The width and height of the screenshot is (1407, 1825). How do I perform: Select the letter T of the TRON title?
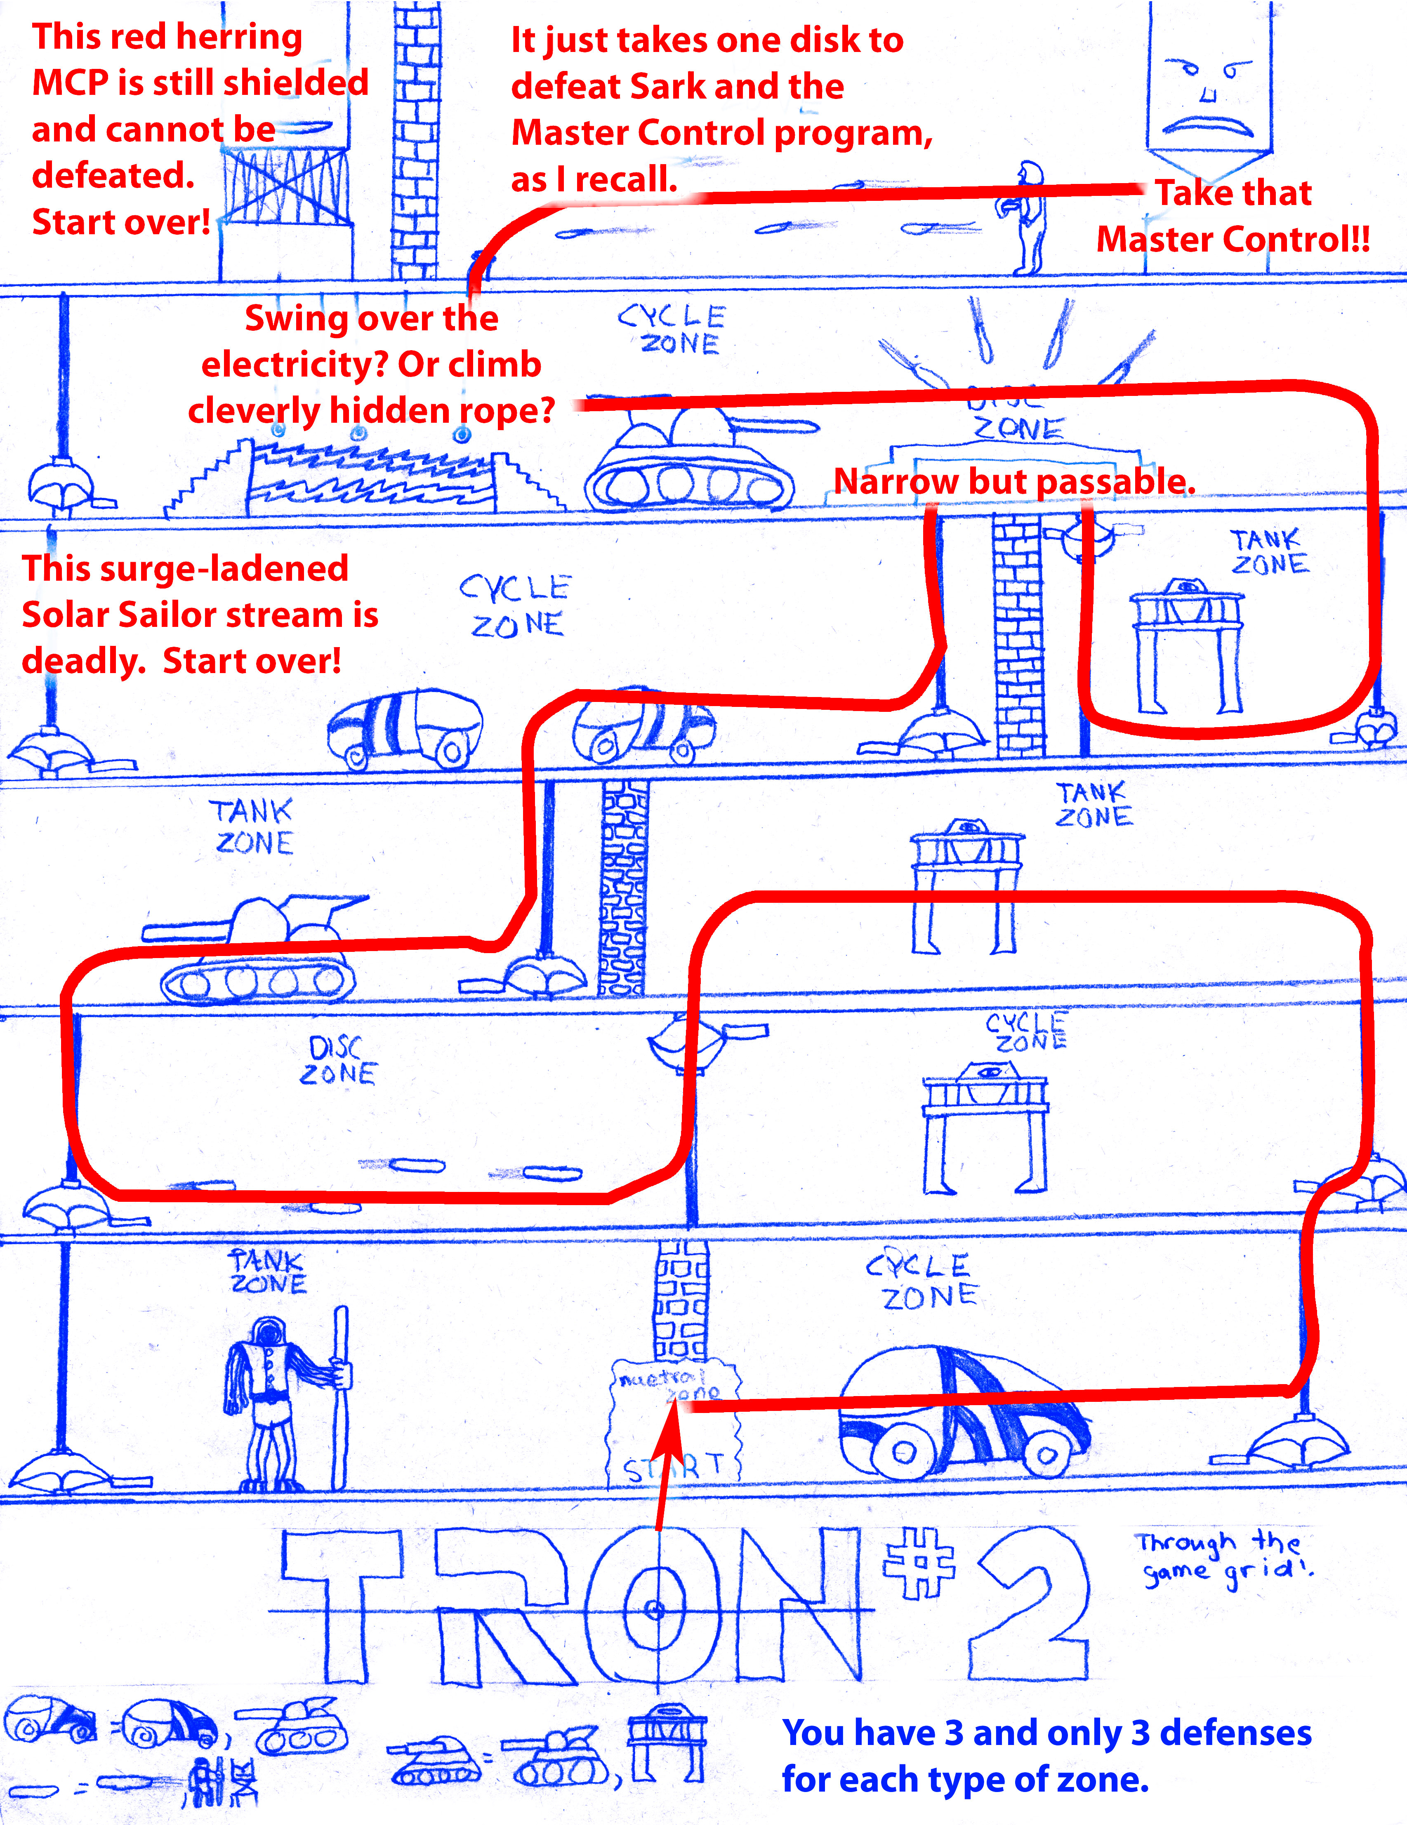tap(342, 1604)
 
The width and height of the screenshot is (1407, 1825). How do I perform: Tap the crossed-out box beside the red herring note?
tap(286, 186)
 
